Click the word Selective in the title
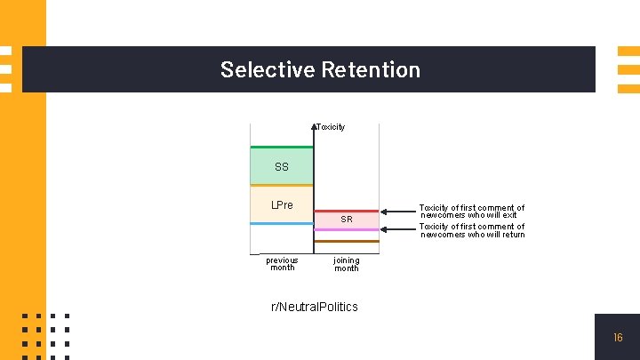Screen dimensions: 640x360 pos(264,69)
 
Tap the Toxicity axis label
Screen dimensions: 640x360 pos(332,127)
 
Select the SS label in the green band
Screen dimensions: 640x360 pos(282,167)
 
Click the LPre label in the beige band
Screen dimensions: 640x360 pos(282,205)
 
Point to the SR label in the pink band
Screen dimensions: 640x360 pos(347,220)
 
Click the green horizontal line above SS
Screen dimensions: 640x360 pos(282,147)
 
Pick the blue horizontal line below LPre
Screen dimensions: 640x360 pos(282,224)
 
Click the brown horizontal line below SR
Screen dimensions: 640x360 pos(347,241)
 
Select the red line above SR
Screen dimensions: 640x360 pos(347,211)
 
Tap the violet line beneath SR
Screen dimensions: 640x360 pos(347,229)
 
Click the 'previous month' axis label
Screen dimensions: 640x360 pos(282,264)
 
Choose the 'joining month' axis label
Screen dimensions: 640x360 pos(347,264)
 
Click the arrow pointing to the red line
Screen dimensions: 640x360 pos(398,212)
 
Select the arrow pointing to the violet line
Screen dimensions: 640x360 pos(398,229)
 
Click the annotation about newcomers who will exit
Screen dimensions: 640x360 pos(472,212)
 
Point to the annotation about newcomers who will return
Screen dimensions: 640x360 pos(472,230)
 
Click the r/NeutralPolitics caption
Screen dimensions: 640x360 pos(315,307)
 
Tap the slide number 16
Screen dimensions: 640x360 pos(618,338)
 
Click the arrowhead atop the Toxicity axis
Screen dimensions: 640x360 pos(315,126)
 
